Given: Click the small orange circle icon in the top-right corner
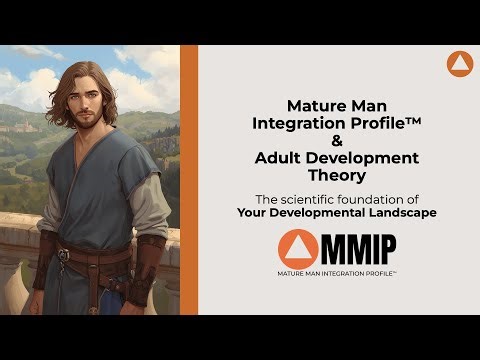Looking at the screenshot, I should point(459,65).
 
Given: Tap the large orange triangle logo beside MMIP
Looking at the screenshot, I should point(299,247).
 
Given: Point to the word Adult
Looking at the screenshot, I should point(281,158).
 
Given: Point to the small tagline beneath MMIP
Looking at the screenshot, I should point(330,271).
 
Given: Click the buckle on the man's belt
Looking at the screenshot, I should point(63,255).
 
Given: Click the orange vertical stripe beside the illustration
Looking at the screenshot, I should point(188,180).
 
